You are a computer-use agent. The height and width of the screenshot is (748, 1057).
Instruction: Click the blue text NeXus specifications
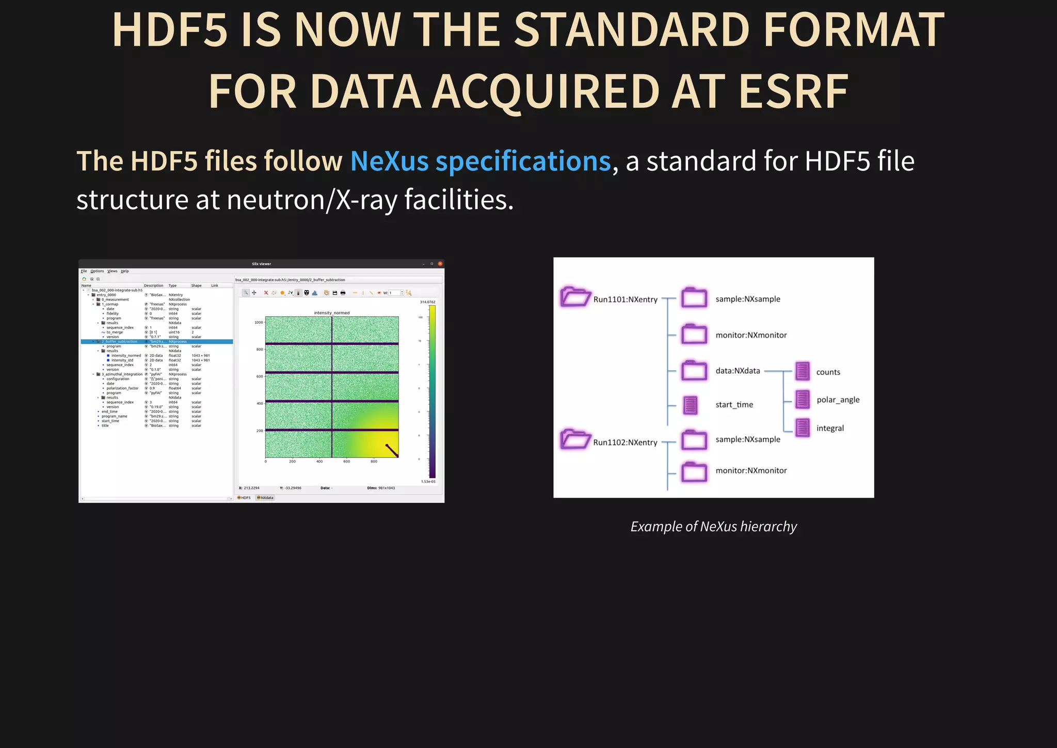tap(480, 161)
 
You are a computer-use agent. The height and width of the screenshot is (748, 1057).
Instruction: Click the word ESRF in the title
tap(793, 92)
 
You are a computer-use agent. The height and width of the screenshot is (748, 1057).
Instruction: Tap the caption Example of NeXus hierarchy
tap(713, 527)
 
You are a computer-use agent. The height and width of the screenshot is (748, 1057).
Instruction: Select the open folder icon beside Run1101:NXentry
tap(575, 297)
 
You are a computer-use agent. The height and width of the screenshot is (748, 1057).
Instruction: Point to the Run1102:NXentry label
tap(625, 442)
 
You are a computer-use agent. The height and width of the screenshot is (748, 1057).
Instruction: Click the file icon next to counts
tap(803, 371)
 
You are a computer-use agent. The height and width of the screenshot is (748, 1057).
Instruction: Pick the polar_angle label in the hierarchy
tap(838, 400)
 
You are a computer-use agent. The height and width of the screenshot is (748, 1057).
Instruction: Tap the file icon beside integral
tap(803, 427)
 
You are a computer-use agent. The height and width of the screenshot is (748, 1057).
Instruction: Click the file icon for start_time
tap(691, 405)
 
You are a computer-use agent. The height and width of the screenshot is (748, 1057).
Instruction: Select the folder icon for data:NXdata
tap(694, 371)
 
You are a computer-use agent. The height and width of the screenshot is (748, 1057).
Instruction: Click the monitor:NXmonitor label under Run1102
tap(751, 470)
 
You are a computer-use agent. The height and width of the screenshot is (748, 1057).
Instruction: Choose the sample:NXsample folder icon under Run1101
tap(694, 298)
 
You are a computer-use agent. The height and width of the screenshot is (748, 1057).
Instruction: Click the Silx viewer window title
tap(261, 264)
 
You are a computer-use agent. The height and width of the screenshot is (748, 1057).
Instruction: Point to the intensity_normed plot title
tap(331, 313)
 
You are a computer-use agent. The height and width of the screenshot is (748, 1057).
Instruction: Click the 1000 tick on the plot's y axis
tap(259, 322)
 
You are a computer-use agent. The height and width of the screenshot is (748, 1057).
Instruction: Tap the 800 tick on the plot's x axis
tap(374, 461)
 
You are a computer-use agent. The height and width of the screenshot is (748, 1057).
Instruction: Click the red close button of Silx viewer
tap(440, 264)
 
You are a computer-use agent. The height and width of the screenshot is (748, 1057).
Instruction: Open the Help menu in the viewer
tap(125, 271)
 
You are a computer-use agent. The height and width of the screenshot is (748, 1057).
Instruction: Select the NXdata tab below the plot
tap(265, 498)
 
